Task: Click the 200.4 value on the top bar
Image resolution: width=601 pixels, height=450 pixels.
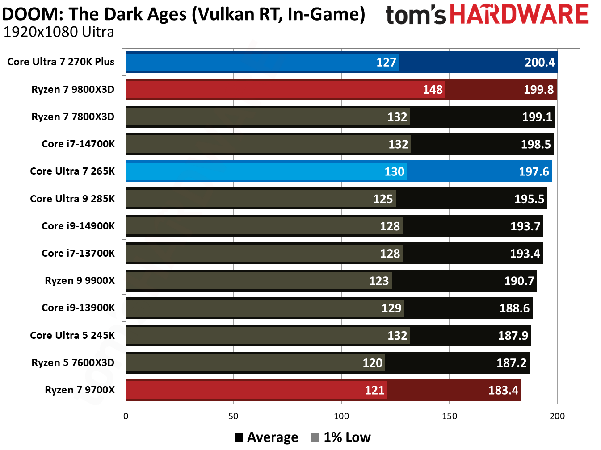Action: (x=539, y=62)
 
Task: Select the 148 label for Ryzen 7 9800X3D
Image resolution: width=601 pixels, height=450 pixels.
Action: (x=433, y=90)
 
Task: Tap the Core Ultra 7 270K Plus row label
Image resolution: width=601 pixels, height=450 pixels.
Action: (x=61, y=62)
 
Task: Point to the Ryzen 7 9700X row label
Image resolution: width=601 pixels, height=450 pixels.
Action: (x=80, y=390)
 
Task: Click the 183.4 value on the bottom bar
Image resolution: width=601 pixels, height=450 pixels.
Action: (x=503, y=391)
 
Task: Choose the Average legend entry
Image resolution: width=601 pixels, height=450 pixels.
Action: (x=267, y=437)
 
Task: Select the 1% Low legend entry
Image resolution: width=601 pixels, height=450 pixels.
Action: (x=341, y=437)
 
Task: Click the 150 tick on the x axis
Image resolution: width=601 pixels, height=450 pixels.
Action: (x=449, y=417)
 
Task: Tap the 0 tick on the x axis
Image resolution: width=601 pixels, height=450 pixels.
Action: (x=126, y=417)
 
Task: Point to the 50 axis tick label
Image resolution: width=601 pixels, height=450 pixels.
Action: (x=233, y=417)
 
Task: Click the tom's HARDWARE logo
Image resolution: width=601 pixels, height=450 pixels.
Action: (x=487, y=14)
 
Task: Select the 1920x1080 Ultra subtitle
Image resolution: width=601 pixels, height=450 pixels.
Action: (x=59, y=32)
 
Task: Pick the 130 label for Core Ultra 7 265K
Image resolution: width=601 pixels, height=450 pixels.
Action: (x=394, y=172)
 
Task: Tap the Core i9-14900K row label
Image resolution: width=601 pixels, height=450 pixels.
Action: (x=78, y=226)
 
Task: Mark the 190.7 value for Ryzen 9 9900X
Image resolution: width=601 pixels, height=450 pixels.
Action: (x=519, y=281)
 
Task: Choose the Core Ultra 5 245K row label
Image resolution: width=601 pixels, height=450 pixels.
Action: (x=72, y=336)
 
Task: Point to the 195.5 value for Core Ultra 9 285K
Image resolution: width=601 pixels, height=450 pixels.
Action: (x=529, y=199)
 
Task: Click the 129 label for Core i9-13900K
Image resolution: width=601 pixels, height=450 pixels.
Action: (x=391, y=308)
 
